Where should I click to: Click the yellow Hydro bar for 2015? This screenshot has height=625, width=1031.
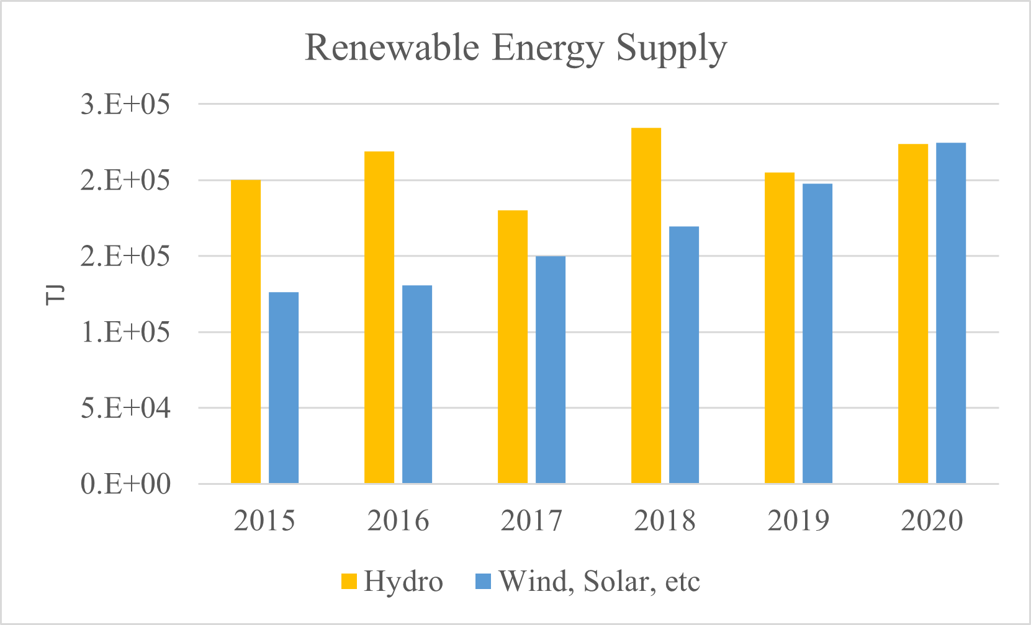[246, 332]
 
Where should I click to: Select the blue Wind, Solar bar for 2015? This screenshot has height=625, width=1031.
[284, 388]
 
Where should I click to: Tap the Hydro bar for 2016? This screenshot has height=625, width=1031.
[379, 317]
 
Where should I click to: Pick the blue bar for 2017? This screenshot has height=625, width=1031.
[551, 370]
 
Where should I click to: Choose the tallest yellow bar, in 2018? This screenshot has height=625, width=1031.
[646, 306]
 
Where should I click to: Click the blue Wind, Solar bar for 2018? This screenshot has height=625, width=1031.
[684, 355]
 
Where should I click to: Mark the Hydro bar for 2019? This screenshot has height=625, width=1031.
[780, 328]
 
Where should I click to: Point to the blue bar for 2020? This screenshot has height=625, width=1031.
[951, 313]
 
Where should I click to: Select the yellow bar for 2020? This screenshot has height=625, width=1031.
[913, 314]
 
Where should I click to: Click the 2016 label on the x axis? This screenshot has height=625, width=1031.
[398, 521]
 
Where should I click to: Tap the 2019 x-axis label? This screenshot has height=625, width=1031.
[798, 521]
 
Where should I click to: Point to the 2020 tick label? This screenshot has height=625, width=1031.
[932, 521]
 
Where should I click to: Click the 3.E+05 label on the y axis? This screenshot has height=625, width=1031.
[125, 104]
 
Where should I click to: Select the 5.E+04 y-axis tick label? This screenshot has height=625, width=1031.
[125, 408]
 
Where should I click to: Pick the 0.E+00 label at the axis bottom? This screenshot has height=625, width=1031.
[125, 484]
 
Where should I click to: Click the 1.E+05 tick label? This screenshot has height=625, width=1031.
[125, 332]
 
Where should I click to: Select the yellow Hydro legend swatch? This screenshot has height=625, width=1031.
[349, 582]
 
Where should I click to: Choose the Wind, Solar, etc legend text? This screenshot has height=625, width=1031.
[599, 582]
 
